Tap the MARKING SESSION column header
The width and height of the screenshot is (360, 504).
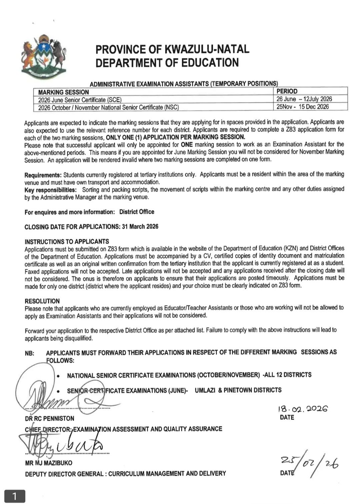tap(64, 92)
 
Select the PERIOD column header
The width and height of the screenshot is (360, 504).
tap(287, 91)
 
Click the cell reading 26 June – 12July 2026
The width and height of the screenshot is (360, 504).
tap(304, 99)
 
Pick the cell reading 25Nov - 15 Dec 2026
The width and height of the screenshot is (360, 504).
tap(302, 107)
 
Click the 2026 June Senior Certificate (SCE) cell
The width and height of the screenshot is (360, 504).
tap(80, 100)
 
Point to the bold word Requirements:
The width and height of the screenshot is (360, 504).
tap(43, 175)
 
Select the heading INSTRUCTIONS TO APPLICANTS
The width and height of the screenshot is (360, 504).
tap(67, 241)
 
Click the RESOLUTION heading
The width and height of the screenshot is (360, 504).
tap(42, 301)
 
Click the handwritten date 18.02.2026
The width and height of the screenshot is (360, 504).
tap(302, 409)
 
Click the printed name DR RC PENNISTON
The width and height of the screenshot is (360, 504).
tap(50, 418)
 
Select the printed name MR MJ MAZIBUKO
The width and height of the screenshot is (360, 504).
tap(49, 463)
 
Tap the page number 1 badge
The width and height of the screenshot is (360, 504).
tap(14, 496)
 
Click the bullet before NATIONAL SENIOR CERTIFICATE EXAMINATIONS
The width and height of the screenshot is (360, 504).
tap(58, 376)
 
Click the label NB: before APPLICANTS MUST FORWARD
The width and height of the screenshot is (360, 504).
tap(29, 353)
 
